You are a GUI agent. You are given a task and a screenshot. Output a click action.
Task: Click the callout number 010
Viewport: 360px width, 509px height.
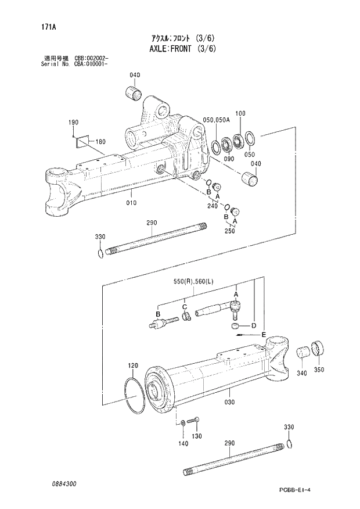click(x=131, y=203)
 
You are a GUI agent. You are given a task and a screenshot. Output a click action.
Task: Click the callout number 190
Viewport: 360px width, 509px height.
click(x=73, y=123)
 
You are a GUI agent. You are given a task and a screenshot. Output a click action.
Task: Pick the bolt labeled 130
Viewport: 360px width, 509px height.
click(x=195, y=421)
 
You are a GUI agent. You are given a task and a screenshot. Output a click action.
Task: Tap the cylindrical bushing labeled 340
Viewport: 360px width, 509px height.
click(x=304, y=352)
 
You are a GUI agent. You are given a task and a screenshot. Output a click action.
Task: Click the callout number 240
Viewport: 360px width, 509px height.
click(x=212, y=206)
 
